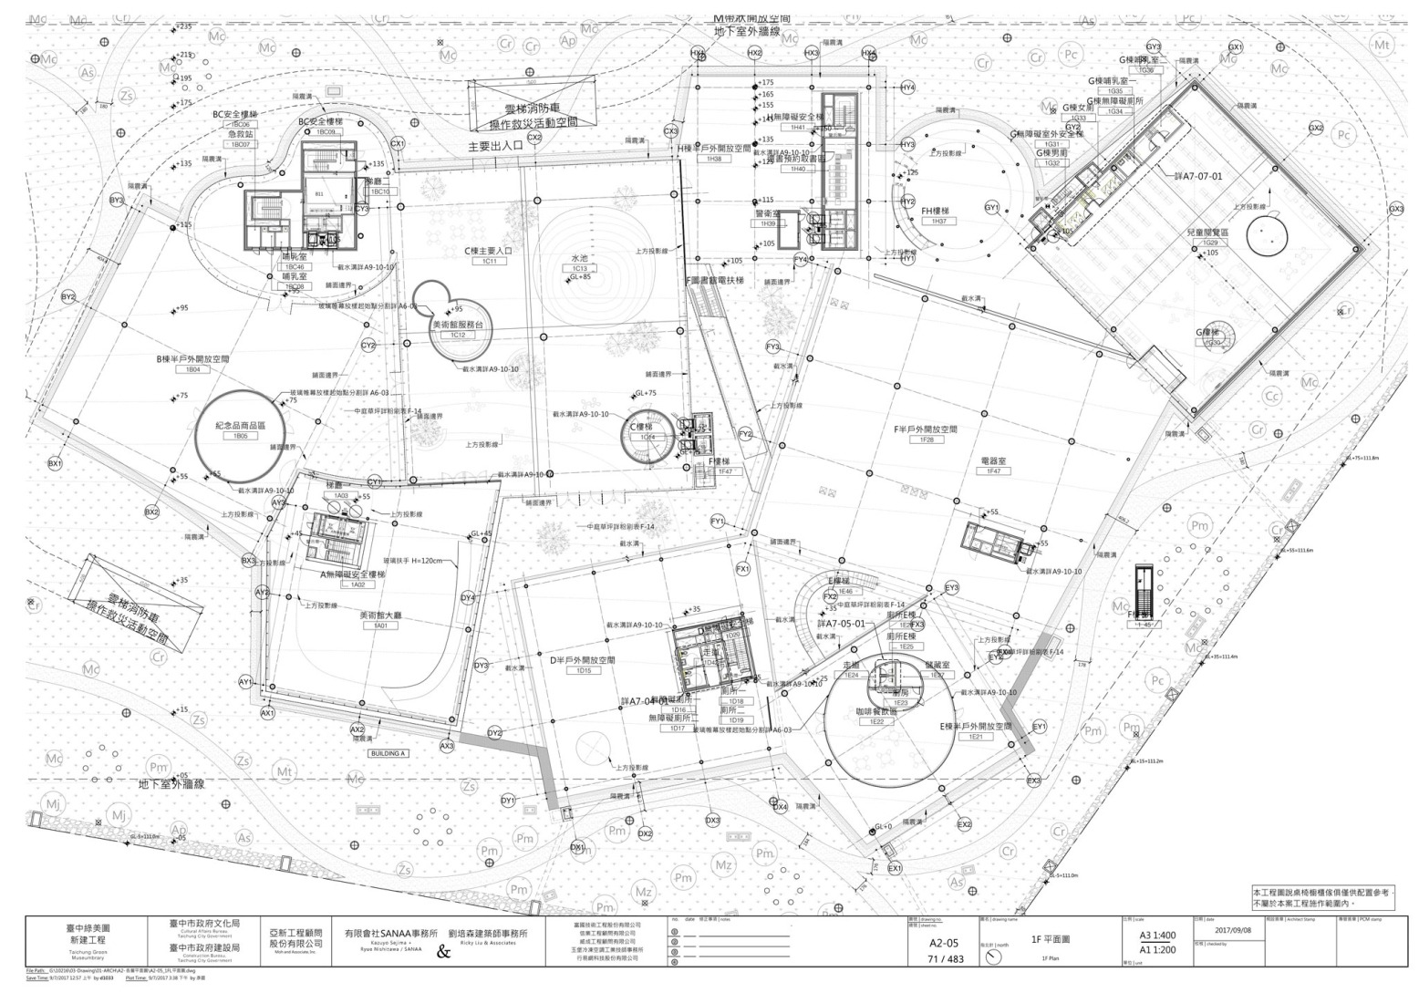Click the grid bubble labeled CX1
[397, 143]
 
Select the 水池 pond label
[579, 258]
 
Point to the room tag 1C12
[458, 336]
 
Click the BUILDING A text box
[388, 754]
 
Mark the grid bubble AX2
[357, 729]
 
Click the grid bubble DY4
[468, 597]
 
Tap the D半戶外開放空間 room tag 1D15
[584, 670]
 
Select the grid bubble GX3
[1396, 210]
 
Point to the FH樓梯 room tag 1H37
[938, 222]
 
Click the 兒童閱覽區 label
[1210, 233]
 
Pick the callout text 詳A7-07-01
[1202, 176]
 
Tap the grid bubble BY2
[67, 296]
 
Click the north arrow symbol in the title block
[994, 957]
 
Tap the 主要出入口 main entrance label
[495, 145]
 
